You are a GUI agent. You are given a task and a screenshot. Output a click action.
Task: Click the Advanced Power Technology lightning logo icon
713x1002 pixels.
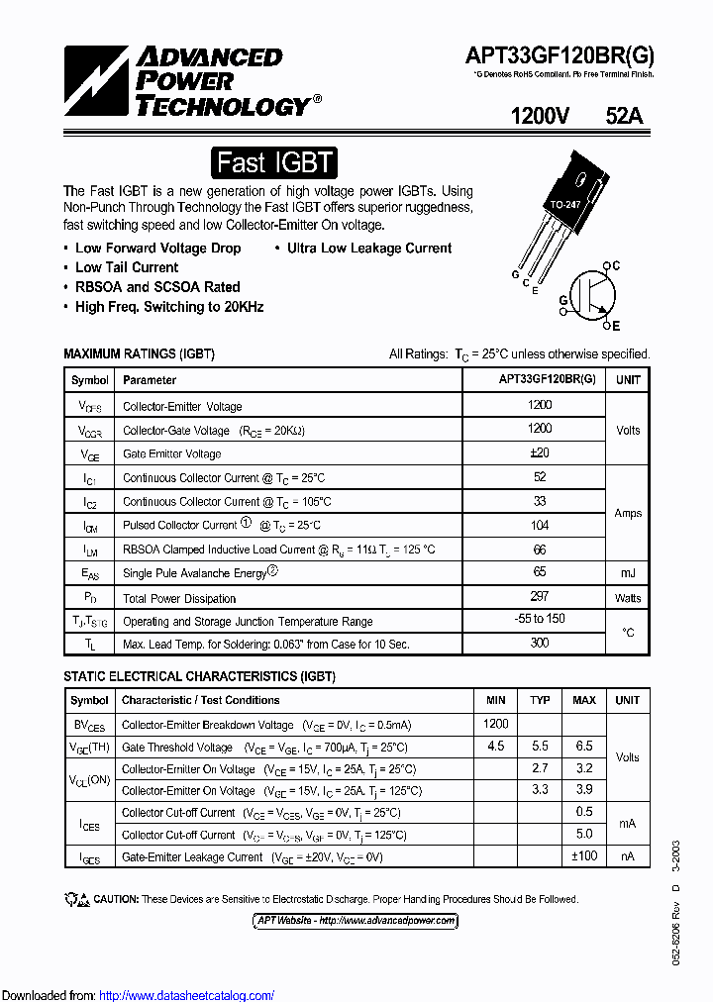click(96, 81)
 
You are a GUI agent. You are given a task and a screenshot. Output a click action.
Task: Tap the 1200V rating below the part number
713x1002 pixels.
click(540, 116)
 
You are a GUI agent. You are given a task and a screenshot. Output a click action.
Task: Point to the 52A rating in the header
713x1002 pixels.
click(624, 116)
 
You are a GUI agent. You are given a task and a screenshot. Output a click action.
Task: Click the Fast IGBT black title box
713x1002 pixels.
click(275, 162)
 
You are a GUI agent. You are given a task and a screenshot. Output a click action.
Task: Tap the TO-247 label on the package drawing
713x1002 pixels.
click(564, 205)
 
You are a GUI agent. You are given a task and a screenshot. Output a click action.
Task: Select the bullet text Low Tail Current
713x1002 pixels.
click(127, 267)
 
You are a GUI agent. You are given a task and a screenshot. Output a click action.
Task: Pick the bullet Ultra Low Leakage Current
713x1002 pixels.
click(368, 249)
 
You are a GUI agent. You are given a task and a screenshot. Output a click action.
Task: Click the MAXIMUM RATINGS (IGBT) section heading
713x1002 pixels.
click(139, 353)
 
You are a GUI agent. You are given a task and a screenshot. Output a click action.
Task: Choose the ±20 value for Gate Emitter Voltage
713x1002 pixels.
click(540, 452)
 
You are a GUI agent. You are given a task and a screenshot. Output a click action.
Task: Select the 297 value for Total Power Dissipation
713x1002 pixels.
click(540, 597)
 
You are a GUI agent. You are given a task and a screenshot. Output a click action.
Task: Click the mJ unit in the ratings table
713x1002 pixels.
click(628, 572)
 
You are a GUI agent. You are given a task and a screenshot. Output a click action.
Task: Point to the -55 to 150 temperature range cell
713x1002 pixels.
click(540, 620)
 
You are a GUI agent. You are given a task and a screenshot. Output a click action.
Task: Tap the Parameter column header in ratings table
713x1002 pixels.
click(150, 379)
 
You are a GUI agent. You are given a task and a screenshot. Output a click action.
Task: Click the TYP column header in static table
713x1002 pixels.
click(540, 700)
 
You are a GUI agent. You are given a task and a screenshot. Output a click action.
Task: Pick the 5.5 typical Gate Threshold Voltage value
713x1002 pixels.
click(540, 746)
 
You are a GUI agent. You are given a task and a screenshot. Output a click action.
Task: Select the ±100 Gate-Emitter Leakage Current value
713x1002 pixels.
click(584, 855)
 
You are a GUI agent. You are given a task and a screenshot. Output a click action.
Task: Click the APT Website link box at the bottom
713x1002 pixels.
click(356, 921)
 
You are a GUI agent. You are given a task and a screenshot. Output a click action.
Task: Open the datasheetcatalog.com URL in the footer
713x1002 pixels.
click(187, 995)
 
